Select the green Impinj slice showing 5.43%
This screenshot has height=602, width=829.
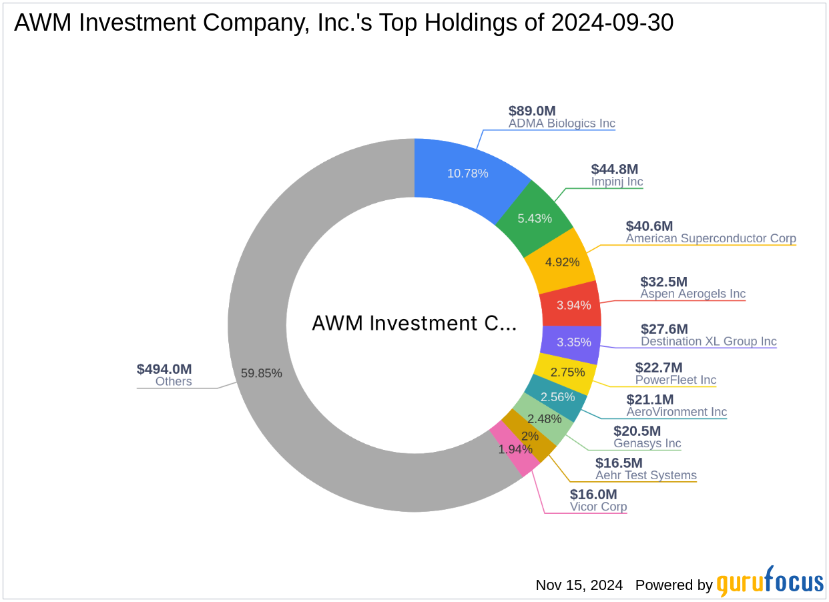click(535, 218)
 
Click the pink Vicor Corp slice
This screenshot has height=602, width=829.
click(515, 450)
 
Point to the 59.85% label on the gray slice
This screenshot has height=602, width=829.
click(261, 373)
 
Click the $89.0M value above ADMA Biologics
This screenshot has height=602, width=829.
click(532, 111)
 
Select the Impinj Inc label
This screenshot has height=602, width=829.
click(617, 182)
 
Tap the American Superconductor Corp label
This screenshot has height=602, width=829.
click(711, 238)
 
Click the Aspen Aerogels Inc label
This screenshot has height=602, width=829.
click(693, 294)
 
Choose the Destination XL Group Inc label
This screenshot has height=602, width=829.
click(709, 342)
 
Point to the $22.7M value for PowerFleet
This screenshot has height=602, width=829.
click(659, 367)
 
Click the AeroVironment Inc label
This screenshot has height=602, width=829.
click(677, 412)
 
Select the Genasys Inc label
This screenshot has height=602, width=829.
click(647, 443)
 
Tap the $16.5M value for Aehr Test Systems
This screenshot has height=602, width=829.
click(619, 463)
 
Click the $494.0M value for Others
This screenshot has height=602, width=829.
click(164, 369)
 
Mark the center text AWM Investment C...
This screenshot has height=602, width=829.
click(414, 324)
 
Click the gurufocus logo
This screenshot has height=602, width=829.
click(770, 582)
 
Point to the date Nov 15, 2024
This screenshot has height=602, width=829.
click(579, 585)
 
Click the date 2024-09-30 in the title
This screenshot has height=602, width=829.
click(612, 23)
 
